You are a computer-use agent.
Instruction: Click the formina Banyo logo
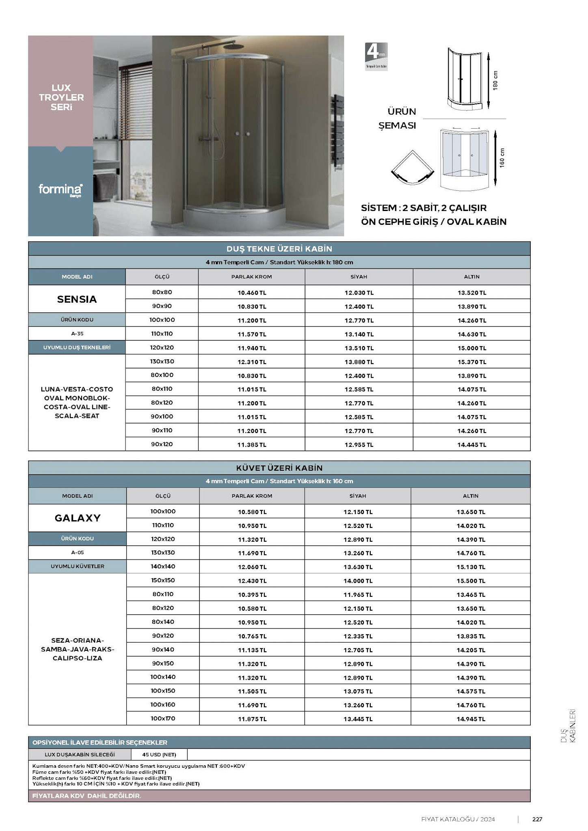click(x=61, y=189)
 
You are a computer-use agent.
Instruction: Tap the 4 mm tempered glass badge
click(x=376, y=56)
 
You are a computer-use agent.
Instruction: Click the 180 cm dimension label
click(x=495, y=80)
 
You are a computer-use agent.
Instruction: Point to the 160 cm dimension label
click(x=502, y=158)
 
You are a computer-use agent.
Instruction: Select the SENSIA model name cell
click(x=77, y=299)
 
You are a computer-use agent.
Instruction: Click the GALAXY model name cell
click(x=78, y=518)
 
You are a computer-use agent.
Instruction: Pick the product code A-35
click(x=77, y=334)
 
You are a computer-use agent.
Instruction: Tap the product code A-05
click(x=78, y=552)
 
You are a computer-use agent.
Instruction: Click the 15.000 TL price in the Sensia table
click(x=471, y=348)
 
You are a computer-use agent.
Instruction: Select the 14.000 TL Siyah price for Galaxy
click(x=358, y=581)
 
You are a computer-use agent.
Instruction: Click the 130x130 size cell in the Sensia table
click(x=162, y=362)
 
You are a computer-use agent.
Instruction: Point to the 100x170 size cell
click(x=163, y=718)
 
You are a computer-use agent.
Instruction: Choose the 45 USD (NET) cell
click(x=159, y=754)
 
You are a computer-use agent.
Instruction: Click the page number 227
click(x=537, y=819)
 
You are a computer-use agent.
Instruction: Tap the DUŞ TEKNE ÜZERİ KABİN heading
click(x=279, y=249)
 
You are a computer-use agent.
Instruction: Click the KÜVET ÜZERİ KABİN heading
click(x=279, y=468)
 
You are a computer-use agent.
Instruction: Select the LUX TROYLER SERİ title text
click(x=61, y=97)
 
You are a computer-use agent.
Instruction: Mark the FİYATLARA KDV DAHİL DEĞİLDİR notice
click(x=86, y=796)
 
